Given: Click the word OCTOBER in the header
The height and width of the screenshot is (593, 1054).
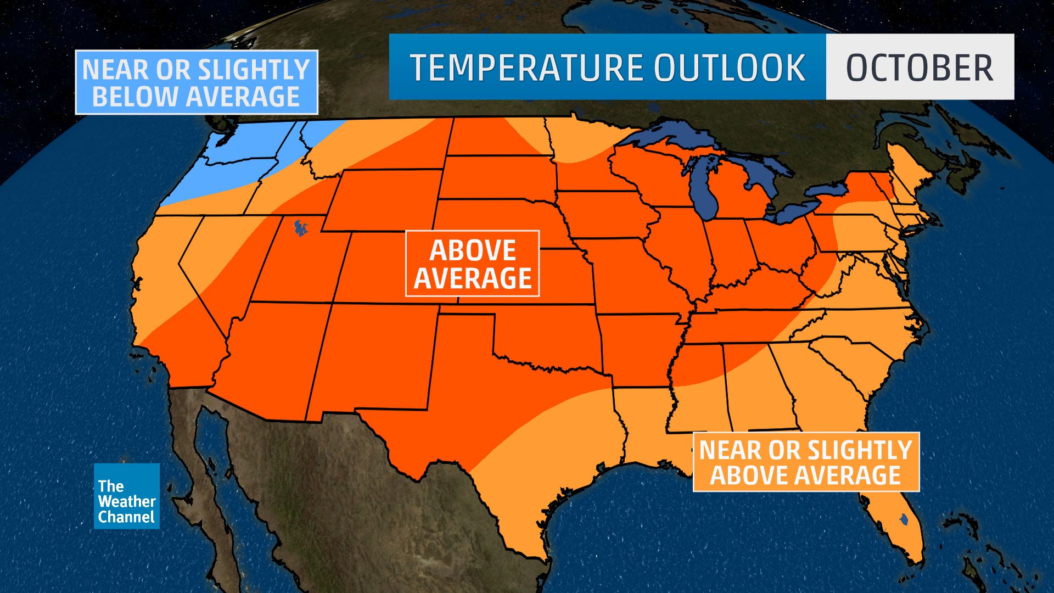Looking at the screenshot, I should [920, 68].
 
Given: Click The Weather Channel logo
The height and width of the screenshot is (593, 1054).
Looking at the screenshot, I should [126, 496].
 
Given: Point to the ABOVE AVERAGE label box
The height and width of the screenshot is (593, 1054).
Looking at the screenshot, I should [472, 264].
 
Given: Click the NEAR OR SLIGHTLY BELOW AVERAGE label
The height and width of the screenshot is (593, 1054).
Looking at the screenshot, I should [196, 82].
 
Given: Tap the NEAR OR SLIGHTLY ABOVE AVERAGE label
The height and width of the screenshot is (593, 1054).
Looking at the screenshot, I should [805, 462].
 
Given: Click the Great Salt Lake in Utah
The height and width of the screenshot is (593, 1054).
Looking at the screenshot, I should [300, 227].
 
